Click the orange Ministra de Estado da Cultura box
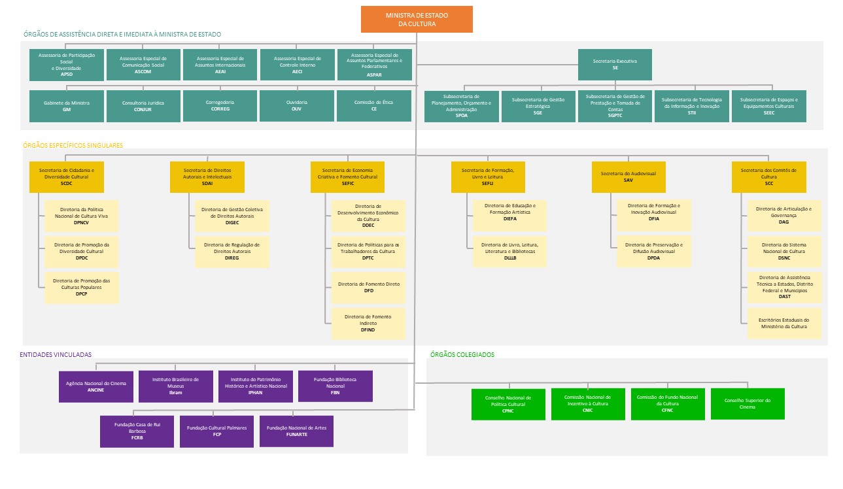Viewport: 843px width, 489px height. tap(417, 19)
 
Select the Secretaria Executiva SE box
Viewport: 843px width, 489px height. tap(615, 64)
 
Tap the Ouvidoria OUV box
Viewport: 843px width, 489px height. tap(296, 106)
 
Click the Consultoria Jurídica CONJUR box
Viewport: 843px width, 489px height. tap(143, 106)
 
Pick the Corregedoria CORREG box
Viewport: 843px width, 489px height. tap(220, 106)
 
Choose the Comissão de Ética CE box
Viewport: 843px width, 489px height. tap(373, 106)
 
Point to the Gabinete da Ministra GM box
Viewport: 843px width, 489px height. tap(67, 106)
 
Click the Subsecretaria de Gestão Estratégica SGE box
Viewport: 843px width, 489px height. tap(538, 106)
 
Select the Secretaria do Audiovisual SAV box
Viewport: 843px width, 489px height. tap(628, 177)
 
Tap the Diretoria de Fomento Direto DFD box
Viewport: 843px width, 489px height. tap(368, 288)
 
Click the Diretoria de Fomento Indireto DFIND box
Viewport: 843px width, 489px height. tap(368, 324)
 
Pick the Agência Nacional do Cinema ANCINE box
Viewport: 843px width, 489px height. tap(95, 386)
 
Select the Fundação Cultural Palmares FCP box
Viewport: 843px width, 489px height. tap(217, 431)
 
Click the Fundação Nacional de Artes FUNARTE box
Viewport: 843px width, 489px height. tap(296, 431)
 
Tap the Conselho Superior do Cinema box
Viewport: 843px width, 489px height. tap(748, 403)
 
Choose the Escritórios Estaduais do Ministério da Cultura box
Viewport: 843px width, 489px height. tap(784, 324)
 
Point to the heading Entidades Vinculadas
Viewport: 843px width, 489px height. tap(56, 354)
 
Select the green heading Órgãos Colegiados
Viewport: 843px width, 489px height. tap(462, 354)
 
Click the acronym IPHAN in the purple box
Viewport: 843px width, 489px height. tap(255, 392)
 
